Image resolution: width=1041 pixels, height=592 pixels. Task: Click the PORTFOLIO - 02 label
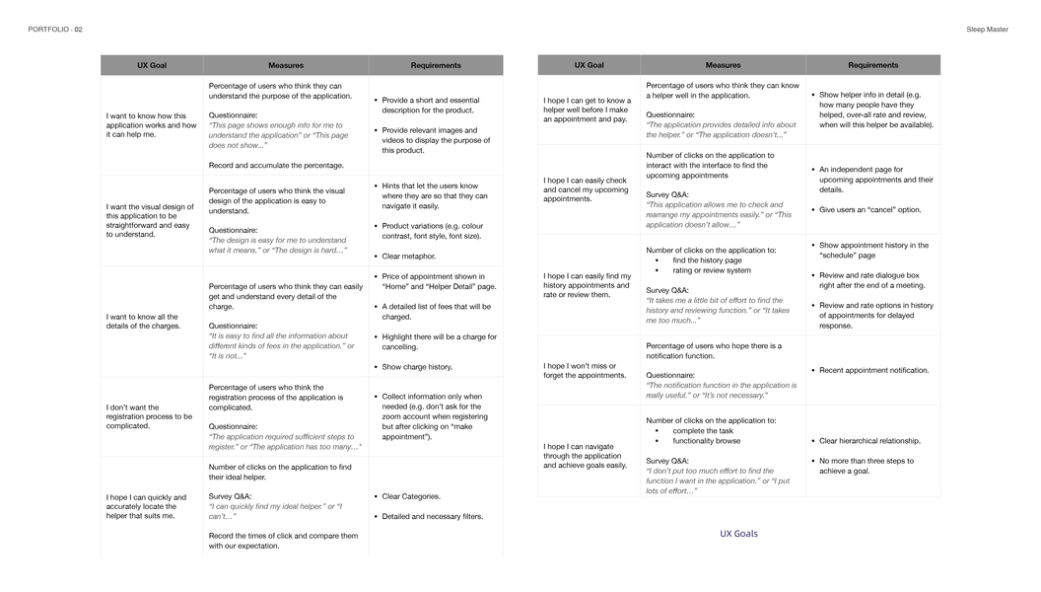point(55,30)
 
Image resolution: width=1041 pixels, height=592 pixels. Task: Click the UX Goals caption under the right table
point(738,534)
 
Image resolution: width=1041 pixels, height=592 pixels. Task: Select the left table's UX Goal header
point(152,65)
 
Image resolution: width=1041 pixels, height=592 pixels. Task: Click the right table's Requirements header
point(872,65)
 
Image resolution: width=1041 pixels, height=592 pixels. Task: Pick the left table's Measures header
point(286,65)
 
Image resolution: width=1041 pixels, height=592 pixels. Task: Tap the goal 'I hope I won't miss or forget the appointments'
point(586,370)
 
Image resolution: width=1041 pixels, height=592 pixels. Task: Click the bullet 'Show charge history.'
point(417,367)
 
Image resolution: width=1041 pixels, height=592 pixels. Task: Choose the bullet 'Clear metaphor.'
point(408,257)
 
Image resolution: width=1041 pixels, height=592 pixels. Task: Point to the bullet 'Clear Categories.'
point(411,496)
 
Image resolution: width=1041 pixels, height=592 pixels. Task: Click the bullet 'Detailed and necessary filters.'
point(432,516)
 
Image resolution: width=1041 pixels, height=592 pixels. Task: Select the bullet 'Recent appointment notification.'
point(873,371)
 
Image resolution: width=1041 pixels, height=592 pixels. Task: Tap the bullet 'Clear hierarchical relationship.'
point(869,441)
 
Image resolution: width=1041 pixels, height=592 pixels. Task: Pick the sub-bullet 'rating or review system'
point(711,270)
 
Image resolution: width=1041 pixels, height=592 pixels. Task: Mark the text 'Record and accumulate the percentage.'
point(276,166)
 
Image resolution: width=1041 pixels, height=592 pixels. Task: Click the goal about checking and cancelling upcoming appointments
point(586,189)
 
